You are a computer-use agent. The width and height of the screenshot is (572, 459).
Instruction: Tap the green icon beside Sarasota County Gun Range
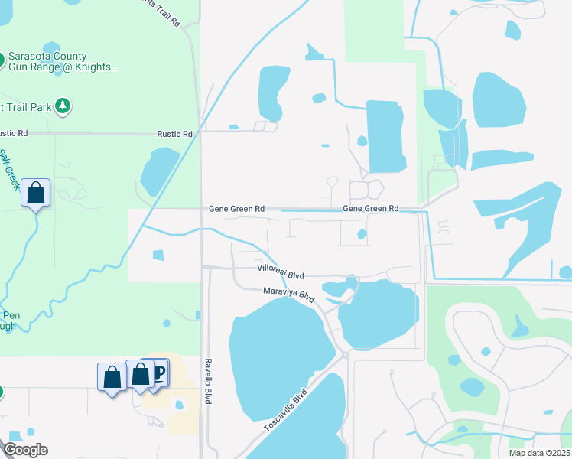[2, 58]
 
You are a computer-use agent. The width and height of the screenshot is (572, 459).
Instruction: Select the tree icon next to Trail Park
[63, 106]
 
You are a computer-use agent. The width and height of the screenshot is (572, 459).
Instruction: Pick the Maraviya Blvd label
[289, 293]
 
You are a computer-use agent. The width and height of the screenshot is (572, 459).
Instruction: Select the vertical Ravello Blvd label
[207, 380]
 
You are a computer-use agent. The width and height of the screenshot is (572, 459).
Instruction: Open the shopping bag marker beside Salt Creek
[36, 193]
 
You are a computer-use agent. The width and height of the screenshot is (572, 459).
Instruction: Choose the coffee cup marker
[159, 373]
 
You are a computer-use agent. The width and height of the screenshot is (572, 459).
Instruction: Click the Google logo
[24, 450]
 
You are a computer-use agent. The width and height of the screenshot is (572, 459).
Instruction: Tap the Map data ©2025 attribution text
[539, 453]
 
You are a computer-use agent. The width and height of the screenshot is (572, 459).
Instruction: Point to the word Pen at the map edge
[11, 315]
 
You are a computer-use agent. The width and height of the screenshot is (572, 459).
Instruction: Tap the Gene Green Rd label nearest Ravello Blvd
[237, 208]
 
